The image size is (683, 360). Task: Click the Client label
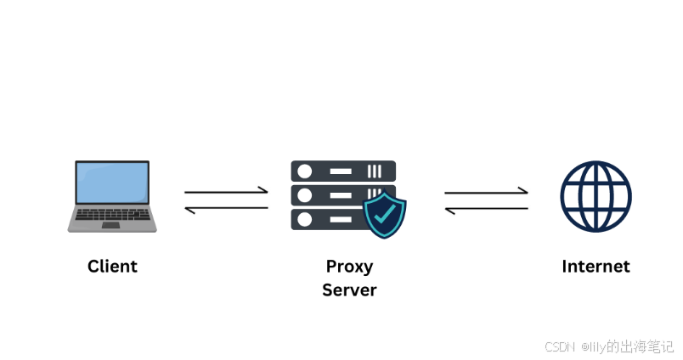coord(112,266)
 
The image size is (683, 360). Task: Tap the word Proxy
coord(349,266)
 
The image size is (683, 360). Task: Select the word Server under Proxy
coord(349,290)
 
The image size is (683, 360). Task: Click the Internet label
coord(596,266)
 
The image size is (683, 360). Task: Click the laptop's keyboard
coord(112,215)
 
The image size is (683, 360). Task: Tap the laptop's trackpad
coord(111,226)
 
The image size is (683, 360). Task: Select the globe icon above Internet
coord(596,196)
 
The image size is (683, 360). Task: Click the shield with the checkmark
coord(385,214)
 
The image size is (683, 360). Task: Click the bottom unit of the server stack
coord(327,219)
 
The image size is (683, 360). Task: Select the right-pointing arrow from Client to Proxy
coord(226,192)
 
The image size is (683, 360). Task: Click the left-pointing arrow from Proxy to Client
coord(226,208)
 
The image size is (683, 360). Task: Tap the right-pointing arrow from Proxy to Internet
coord(486,192)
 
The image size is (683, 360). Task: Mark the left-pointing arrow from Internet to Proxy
coord(486,208)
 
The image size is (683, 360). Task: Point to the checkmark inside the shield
coord(385,215)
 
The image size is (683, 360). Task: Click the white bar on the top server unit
coord(340,171)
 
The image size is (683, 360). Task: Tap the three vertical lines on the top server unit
coord(375,171)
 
